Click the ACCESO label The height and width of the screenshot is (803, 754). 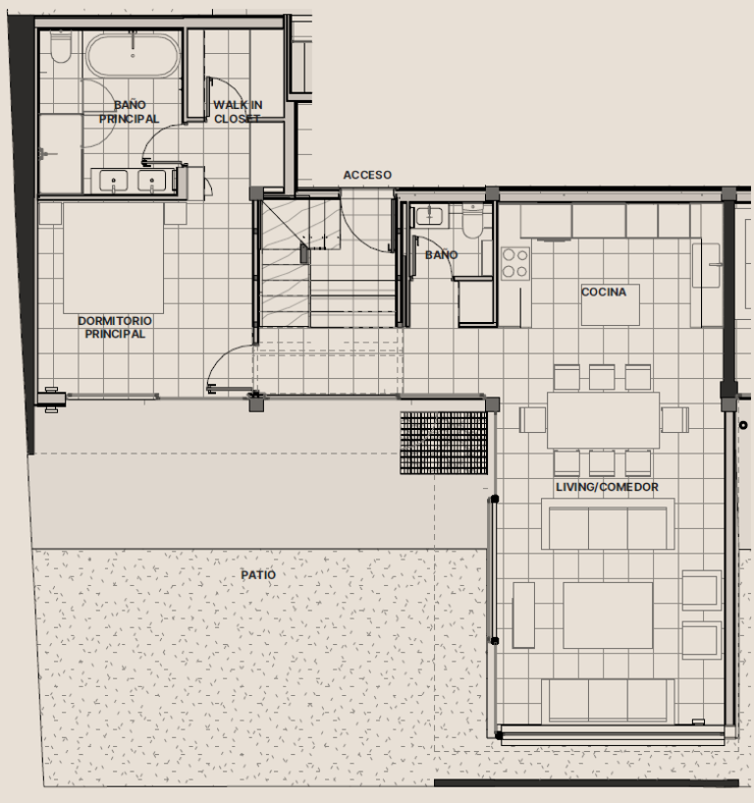pos(367,175)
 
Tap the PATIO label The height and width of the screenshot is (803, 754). pos(258,575)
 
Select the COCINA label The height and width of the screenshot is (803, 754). pos(604,292)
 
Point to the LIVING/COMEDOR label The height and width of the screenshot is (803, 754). pos(607,487)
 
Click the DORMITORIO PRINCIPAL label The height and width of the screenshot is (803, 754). pos(115,327)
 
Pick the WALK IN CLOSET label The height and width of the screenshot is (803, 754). pos(238,112)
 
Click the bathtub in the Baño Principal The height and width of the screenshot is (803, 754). pos(133,56)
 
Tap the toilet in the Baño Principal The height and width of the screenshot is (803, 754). pos(61,48)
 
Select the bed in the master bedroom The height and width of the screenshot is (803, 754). pos(113,257)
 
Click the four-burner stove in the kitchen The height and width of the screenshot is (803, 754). pos(515,263)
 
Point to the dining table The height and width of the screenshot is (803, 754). pos(604,420)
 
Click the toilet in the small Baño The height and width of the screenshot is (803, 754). pos(472,221)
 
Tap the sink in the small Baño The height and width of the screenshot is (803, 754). pos(429,216)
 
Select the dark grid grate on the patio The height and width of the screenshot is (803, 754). pos(444,443)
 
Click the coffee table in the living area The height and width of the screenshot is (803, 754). pos(608,616)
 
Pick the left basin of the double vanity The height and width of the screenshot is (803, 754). pos(113,182)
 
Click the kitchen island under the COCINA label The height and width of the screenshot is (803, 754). pos(611,304)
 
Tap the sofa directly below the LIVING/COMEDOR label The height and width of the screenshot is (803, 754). pos(608,524)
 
